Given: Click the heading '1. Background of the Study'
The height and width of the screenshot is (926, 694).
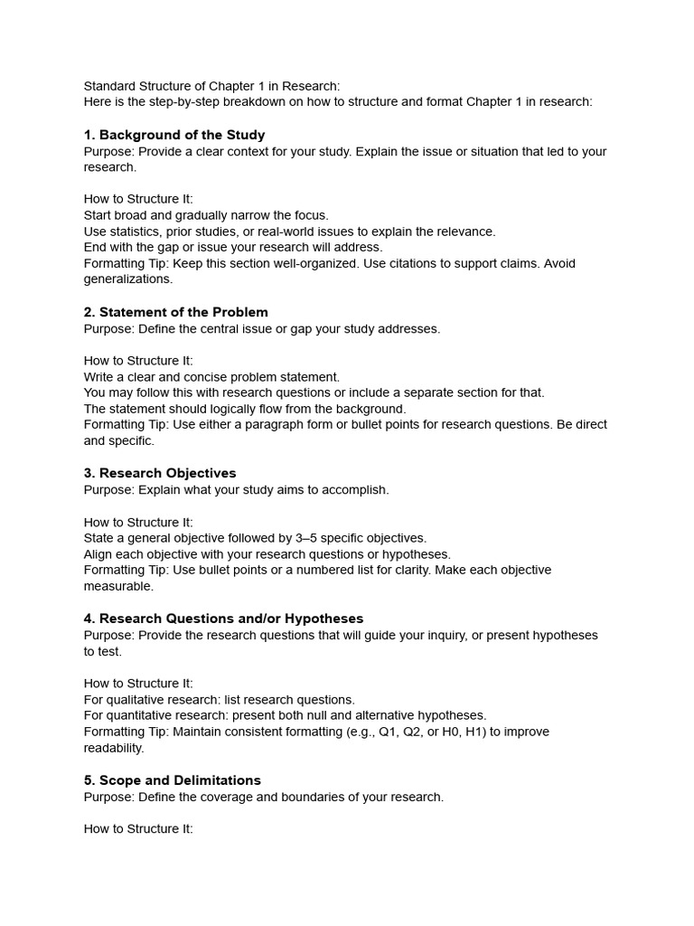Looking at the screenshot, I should pyautogui.click(x=174, y=135).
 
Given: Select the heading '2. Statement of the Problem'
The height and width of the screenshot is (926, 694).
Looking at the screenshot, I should pyautogui.click(x=176, y=312).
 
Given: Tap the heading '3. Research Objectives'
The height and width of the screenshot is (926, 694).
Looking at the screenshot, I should pyautogui.click(x=160, y=473).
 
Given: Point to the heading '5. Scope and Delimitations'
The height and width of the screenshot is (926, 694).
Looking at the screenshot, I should pyautogui.click(x=173, y=780).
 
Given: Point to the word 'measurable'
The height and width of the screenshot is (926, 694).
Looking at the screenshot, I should pyautogui.click(x=118, y=586).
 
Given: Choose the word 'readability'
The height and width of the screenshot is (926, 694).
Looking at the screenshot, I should pyautogui.click(x=114, y=748).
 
